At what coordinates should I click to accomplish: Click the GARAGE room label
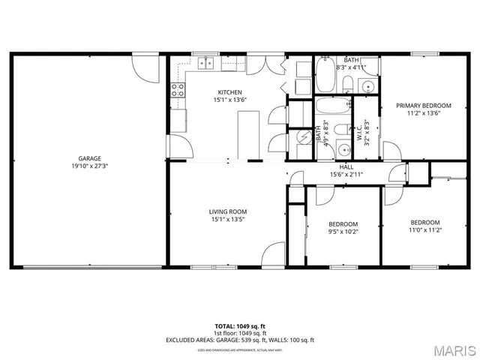coord(90,158)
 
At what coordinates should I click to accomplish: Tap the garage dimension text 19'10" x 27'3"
coord(90,166)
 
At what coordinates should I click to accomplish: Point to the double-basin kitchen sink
coord(204,64)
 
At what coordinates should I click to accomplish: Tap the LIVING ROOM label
coord(228,211)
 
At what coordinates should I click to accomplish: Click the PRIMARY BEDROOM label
coord(424,106)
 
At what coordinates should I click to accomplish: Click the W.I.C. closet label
coord(360,133)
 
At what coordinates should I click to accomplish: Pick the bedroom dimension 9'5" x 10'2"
coord(343,232)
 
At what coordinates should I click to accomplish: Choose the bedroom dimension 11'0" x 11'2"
coord(424,230)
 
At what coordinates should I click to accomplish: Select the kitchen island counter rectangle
coord(248,135)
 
